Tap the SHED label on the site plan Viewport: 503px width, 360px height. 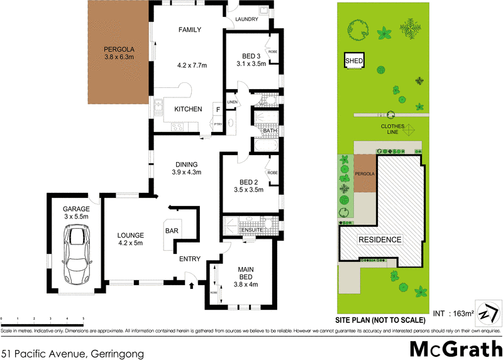[355, 61]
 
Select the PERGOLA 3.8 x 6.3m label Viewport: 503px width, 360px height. [119, 53]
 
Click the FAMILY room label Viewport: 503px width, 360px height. [189, 30]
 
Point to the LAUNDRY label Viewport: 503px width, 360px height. [246, 19]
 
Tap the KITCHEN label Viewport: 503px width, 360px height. [188, 109]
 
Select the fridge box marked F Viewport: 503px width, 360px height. [218, 109]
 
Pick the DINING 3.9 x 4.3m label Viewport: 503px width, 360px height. [187, 168]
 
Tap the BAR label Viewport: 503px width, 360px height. [171, 231]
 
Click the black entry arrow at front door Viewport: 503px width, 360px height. [191, 286]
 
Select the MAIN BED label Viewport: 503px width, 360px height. [245, 275]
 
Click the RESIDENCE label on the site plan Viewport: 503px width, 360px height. [380, 240]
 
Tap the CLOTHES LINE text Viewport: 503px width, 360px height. [392, 129]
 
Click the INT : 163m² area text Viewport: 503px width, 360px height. [453, 313]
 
